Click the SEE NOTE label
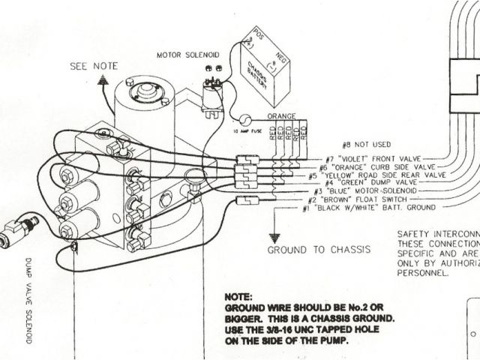(x=94, y=66)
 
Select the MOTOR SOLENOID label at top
(x=187, y=55)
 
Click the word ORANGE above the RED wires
(x=282, y=117)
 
